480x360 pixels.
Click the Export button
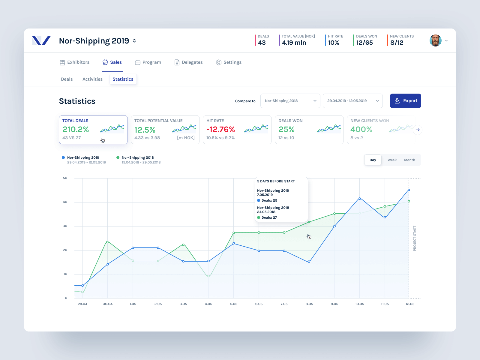click(x=405, y=101)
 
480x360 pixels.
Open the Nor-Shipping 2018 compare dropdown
click(x=290, y=101)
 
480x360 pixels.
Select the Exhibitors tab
click(x=75, y=62)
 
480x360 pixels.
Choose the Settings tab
click(x=229, y=62)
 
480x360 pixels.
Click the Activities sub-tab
click(x=92, y=79)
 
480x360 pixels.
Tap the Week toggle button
click(x=392, y=160)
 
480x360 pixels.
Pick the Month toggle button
click(x=409, y=160)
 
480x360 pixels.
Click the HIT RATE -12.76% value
click(x=220, y=129)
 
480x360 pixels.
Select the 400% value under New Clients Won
click(x=361, y=129)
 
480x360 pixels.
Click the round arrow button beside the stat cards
click(x=418, y=130)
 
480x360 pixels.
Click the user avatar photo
click(x=435, y=40)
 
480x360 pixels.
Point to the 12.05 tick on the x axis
click(x=410, y=304)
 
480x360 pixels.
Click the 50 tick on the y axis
click(x=65, y=178)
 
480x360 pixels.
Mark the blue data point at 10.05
click(x=360, y=199)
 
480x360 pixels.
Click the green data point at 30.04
click(x=107, y=242)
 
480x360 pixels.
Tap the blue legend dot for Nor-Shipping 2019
click(x=63, y=157)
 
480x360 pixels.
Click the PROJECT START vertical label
click(x=415, y=238)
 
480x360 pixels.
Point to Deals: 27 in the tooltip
click(x=269, y=217)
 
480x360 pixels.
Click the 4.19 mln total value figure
click(x=294, y=43)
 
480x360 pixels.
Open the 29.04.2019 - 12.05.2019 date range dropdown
click(x=352, y=101)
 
